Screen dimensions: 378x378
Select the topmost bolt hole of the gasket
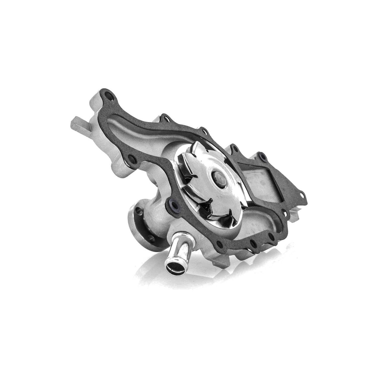109,95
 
